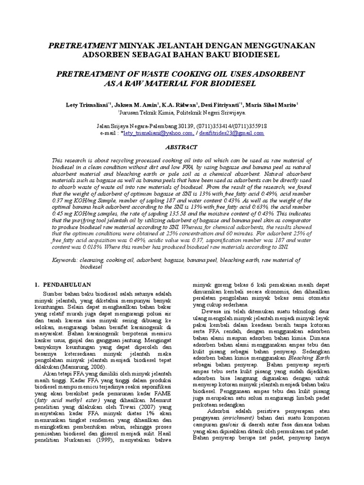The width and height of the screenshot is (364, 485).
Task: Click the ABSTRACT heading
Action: pyautogui.click(x=182, y=147)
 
